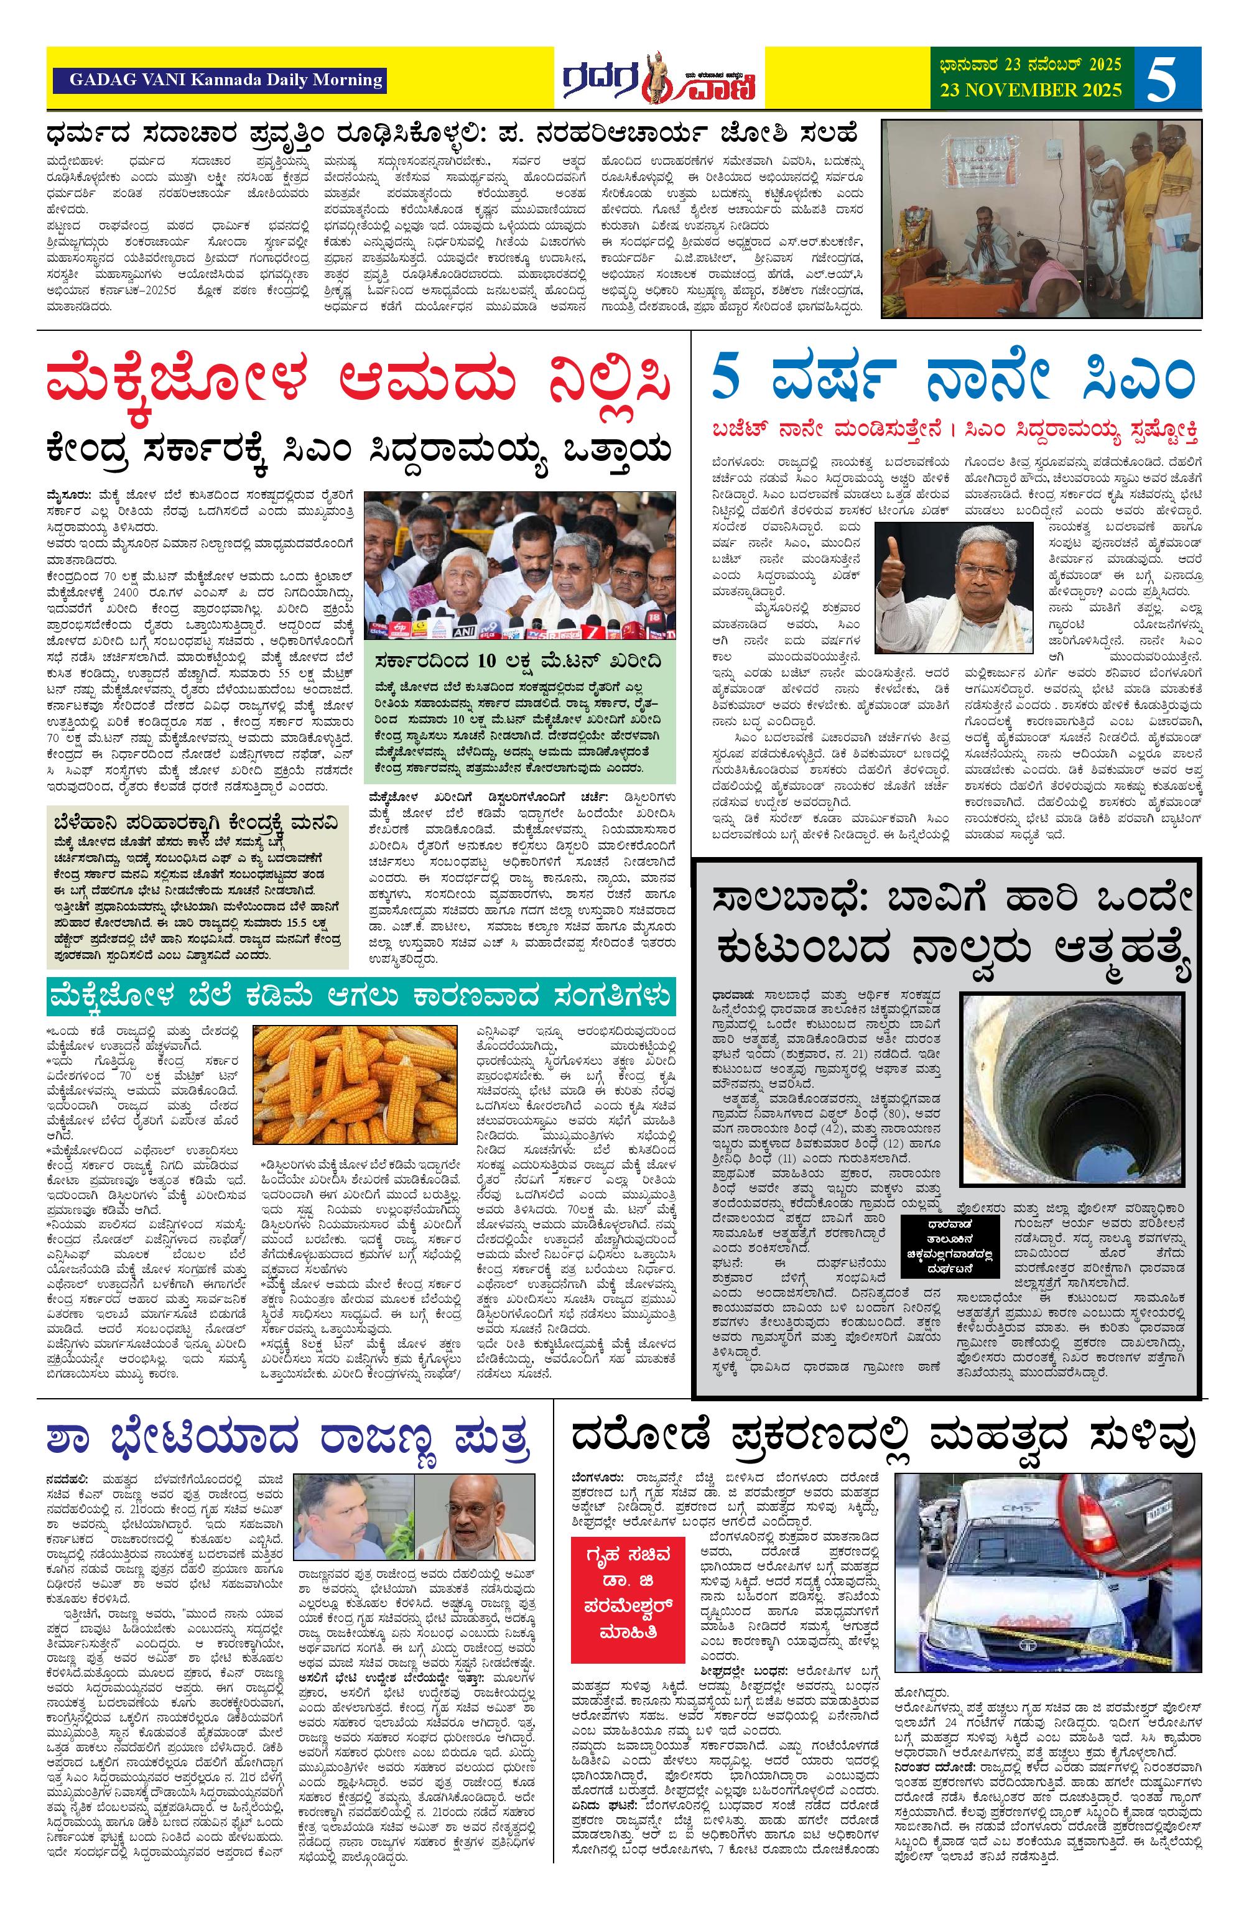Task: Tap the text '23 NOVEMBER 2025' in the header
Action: pyautogui.click(x=1031, y=90)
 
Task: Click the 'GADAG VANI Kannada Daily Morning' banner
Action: pyautogui.click(x=218, y=80)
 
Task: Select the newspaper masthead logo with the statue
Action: pyautogui.click(x=658, y=78)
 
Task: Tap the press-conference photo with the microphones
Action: pyautogui.click(x=520, y=565)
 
